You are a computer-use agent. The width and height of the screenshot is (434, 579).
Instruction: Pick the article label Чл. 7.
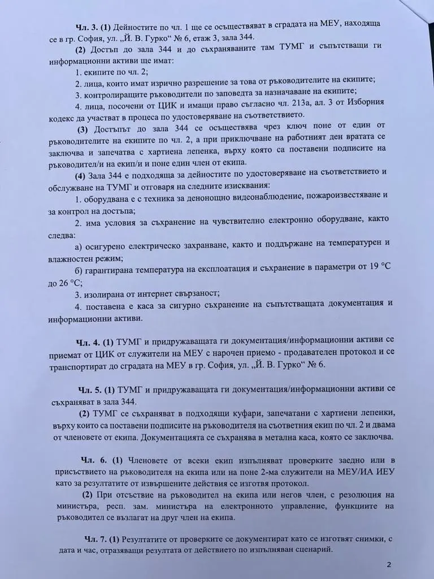[x=89, y=537]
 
